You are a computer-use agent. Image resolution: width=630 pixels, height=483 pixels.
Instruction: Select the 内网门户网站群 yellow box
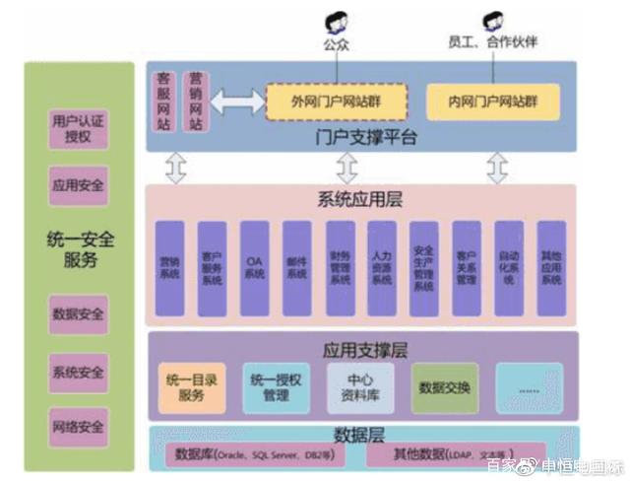pyautogui.click(x=492, y=102)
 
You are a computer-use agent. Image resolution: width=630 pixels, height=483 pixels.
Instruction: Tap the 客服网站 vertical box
pyautogui.click(x=165, y=102)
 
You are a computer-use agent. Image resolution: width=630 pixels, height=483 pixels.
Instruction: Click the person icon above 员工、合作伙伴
pyautogui.click(x=492, y=23)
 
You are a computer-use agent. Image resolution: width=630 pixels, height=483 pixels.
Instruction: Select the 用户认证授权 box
pyautogui.click(x=78, y=129)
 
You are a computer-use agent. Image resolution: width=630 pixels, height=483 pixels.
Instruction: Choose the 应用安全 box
pyautogui.click(x=78, y=184)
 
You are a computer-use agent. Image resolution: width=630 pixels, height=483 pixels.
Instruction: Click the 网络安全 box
pyautogui.click(x=78, y=428)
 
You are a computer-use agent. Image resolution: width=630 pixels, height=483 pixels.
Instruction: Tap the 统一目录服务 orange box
pyautogui.click(x=192, y=387)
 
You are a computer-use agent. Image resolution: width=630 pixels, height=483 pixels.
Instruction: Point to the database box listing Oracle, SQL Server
pyautogui.click(x=254, y=455)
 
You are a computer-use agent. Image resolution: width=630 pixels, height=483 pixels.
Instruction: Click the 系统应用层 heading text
pyautogui.click(x=360, y=200)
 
